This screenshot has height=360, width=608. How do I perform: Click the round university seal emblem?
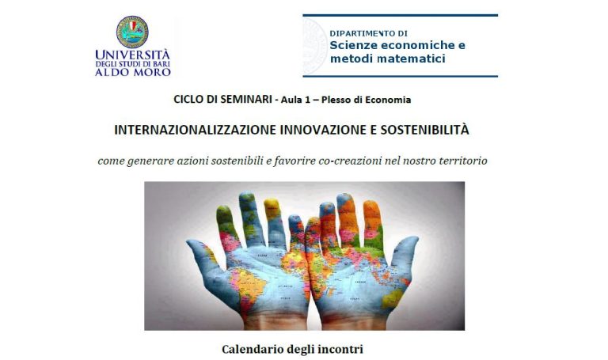pyautogui.click(x=132, y=32)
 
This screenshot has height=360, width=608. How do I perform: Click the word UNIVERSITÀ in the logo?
pyautogui.click(x=133, y=55)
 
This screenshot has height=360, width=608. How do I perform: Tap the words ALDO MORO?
pyautogui.click(x=133, y=72)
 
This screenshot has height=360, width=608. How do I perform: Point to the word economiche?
pyautogui.click(x=418, y=45)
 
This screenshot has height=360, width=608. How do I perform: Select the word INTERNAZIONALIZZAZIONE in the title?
pyautogui.click(x=196, y=130)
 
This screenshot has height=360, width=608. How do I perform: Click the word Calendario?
pyautogui.click(x=253, y=349)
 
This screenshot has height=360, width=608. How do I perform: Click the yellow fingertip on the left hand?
pyautogui.click(x=272, y=208)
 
